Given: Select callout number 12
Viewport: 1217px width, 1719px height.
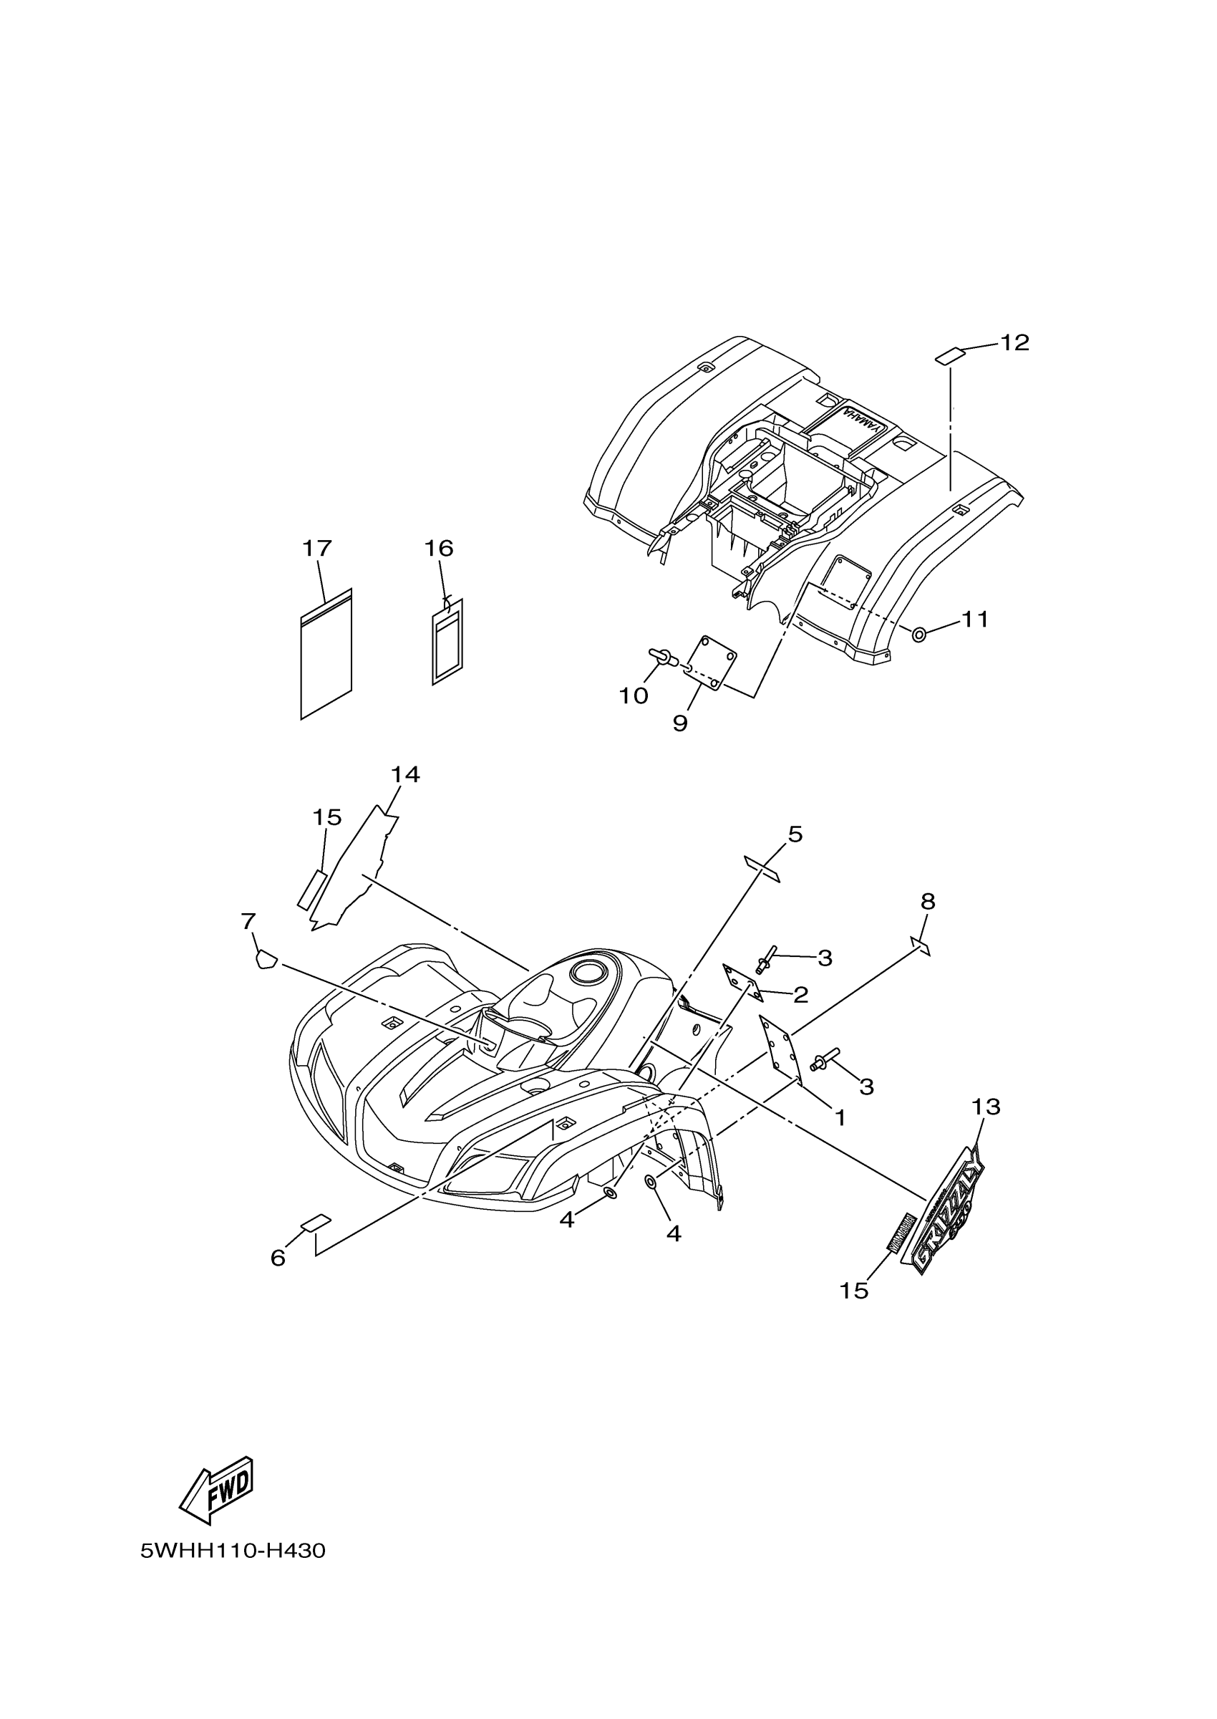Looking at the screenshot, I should [x=1014, y=342].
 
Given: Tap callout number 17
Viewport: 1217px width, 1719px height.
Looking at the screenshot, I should [x=316, y=549].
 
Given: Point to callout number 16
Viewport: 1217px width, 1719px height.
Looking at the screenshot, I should [x=439, y=549].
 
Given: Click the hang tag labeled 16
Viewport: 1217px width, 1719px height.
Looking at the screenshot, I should [x=447, y=641].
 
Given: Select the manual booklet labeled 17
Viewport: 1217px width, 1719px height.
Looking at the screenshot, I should [x=326, y=654].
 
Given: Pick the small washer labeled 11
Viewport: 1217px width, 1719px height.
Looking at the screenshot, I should [x=918, y=634].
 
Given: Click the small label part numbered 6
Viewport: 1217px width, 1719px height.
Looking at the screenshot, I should [x=316, y=1224].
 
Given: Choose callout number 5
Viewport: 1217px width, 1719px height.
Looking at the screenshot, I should [x=795, y=834].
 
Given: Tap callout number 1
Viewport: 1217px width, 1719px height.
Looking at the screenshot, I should [x=840, y=1118].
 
